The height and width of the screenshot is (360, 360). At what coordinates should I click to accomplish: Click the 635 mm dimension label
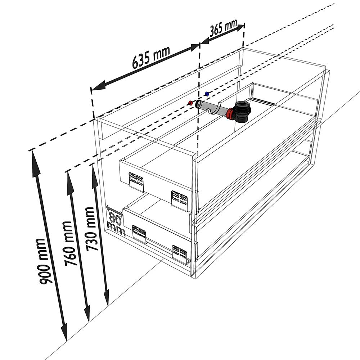pyautogui.click(x=151, y=57)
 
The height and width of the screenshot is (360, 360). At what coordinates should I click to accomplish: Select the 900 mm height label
pyautogui.click(x=45, y=261)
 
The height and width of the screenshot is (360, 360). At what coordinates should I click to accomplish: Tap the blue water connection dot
pyautogui.click(x=207, y=94)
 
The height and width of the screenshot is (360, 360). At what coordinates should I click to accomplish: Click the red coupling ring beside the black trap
pyautogui.click(x=230, y=115)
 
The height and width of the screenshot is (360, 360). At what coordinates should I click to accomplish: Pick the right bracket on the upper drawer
pyautogui.click(x=180, y=200)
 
